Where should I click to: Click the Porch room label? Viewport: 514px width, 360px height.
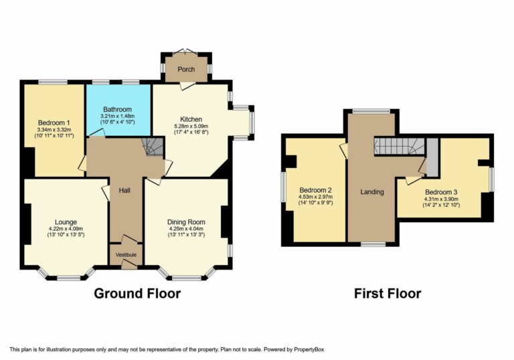pyautogui.click(x=185, y=69)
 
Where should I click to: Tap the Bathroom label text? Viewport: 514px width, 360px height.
pyautogui.click(x=117, y=109)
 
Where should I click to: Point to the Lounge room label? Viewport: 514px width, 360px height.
pyautogui.click(x=66, y=221)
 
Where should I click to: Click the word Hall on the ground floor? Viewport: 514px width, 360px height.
pyautogui.click(x=125, y=191)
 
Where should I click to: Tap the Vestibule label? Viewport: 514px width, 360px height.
pyautogui.click(x=126, y=255)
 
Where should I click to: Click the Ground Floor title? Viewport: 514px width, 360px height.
pyautogui.click(x=137, y=293)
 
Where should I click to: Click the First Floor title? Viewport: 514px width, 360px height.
pyautogui.click(x=388, y=293)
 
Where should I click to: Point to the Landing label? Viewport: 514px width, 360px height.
pyautogui.click(x=372, y=192)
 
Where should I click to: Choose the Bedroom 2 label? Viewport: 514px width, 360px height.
pyautogui.click(x=316, y=189)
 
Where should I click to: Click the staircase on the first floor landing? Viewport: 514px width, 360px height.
pyautogui.click(x=399, y=145)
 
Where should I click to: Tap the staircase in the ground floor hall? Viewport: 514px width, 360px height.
pyautogui.click(x=153, y=147)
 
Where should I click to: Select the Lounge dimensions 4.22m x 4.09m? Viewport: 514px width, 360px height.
pyautogui.click(x=66, y=230)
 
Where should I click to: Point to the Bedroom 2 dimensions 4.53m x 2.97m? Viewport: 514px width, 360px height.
pyautogui.click(x=316, y=197)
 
